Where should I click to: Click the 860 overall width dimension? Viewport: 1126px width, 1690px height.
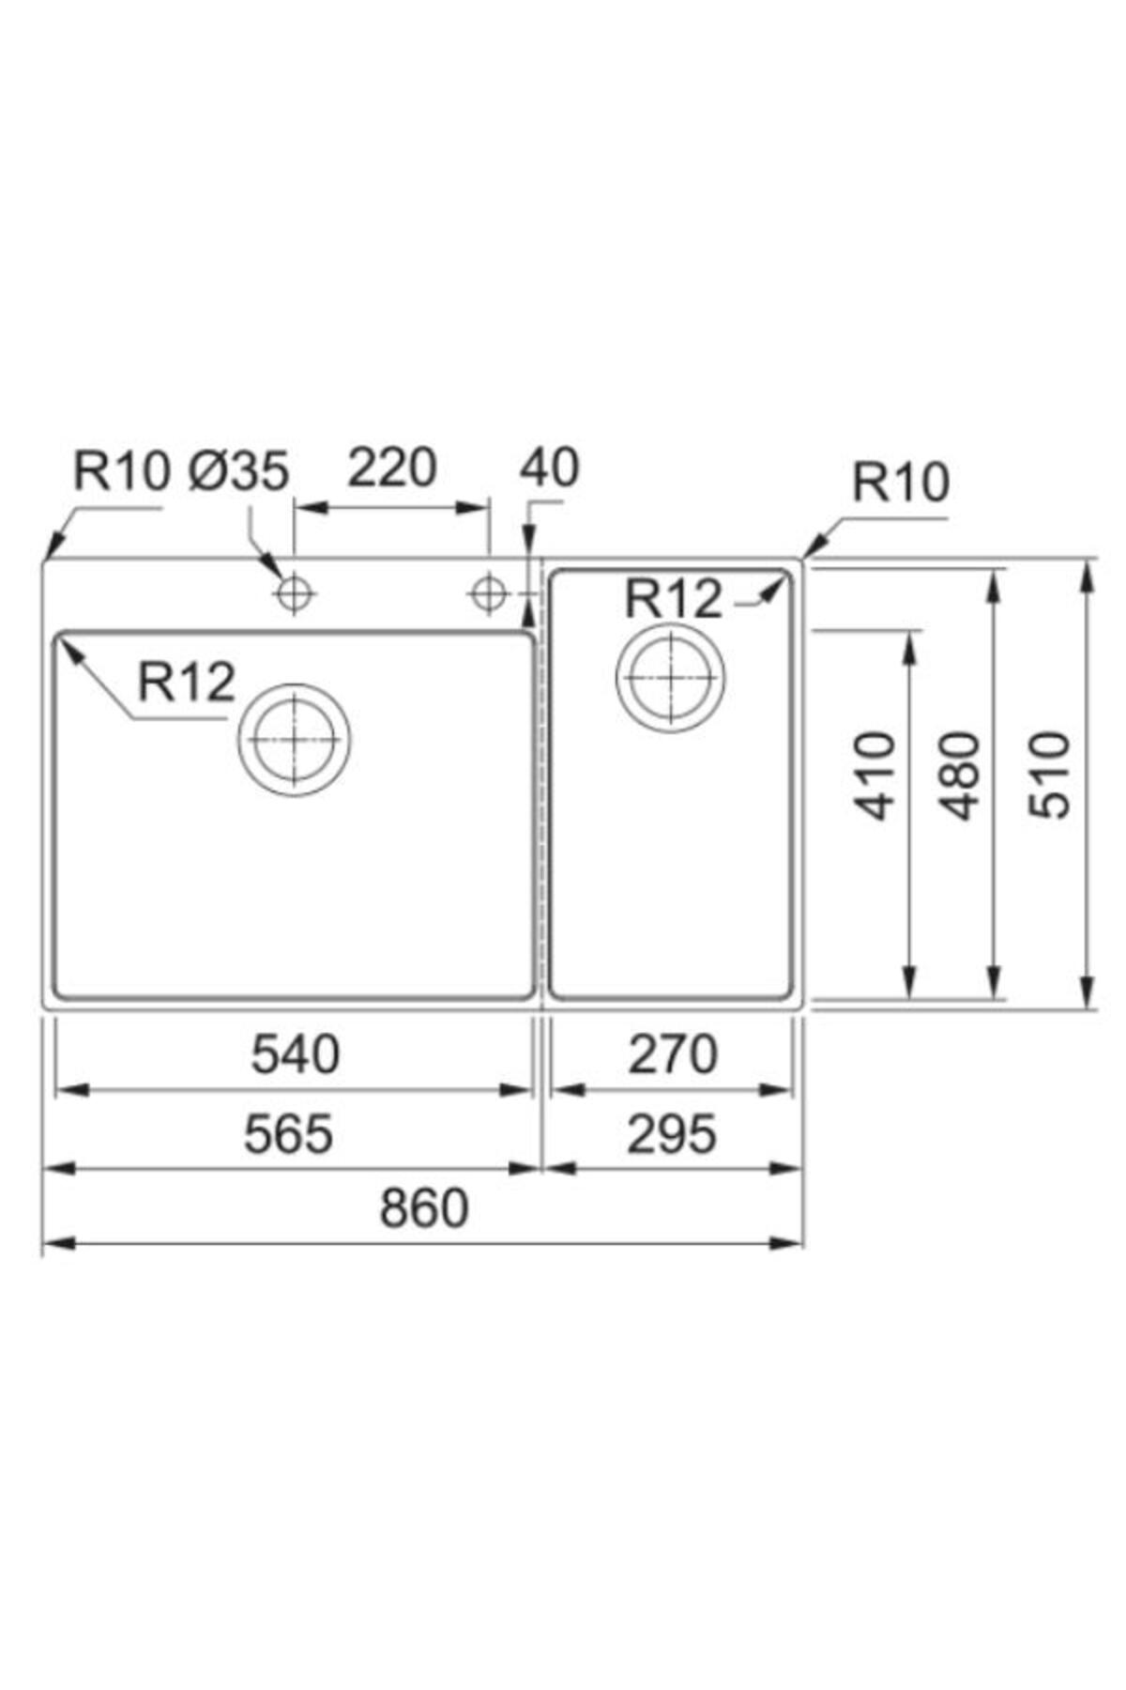423,1208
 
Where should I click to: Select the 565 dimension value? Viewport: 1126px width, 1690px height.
288,1133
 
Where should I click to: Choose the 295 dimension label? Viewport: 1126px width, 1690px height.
672,1133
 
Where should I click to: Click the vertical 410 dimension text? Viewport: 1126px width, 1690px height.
878,776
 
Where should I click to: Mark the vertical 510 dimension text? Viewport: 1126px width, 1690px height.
1048,776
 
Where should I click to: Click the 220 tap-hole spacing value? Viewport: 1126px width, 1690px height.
392,468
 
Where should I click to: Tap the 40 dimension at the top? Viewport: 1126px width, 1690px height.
550,468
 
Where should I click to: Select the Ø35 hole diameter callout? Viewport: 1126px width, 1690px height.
238,470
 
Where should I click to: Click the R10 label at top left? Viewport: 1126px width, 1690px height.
122,470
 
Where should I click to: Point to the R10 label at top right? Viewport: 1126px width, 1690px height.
901,483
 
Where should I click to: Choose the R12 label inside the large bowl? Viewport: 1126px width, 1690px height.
187,682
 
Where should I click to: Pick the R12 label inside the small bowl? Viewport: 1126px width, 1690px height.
674,598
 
